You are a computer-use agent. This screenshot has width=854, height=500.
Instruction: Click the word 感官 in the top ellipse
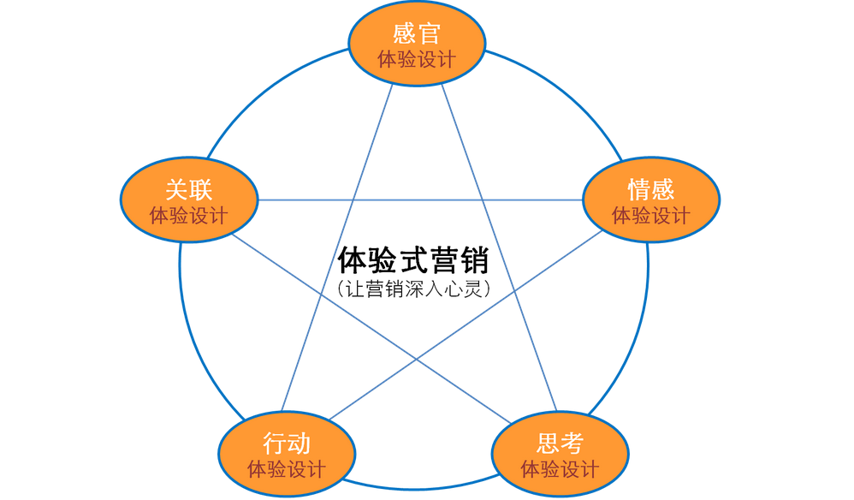point(417,34)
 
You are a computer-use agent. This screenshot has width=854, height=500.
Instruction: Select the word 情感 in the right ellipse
point(650,189)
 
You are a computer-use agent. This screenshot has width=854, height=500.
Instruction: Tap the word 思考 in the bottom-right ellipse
point(560,443)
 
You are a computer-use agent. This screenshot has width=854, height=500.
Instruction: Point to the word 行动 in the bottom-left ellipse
point(287,443)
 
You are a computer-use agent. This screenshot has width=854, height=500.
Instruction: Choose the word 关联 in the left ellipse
point(188,189)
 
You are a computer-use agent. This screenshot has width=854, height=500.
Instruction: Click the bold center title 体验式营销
point(413,259)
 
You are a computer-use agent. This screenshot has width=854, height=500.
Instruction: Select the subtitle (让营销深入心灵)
point(413,289)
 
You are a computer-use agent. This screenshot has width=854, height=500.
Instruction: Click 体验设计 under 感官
point(417,60)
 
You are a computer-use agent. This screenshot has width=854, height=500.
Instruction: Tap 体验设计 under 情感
point(650,215)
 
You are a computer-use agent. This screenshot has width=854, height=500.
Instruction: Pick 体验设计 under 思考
point(560,469)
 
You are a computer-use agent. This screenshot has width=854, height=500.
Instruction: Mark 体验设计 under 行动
point(287,469)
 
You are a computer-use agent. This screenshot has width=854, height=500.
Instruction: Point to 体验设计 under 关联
point(188,215)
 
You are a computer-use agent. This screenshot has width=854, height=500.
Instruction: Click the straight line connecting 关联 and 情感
point(419,200)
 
